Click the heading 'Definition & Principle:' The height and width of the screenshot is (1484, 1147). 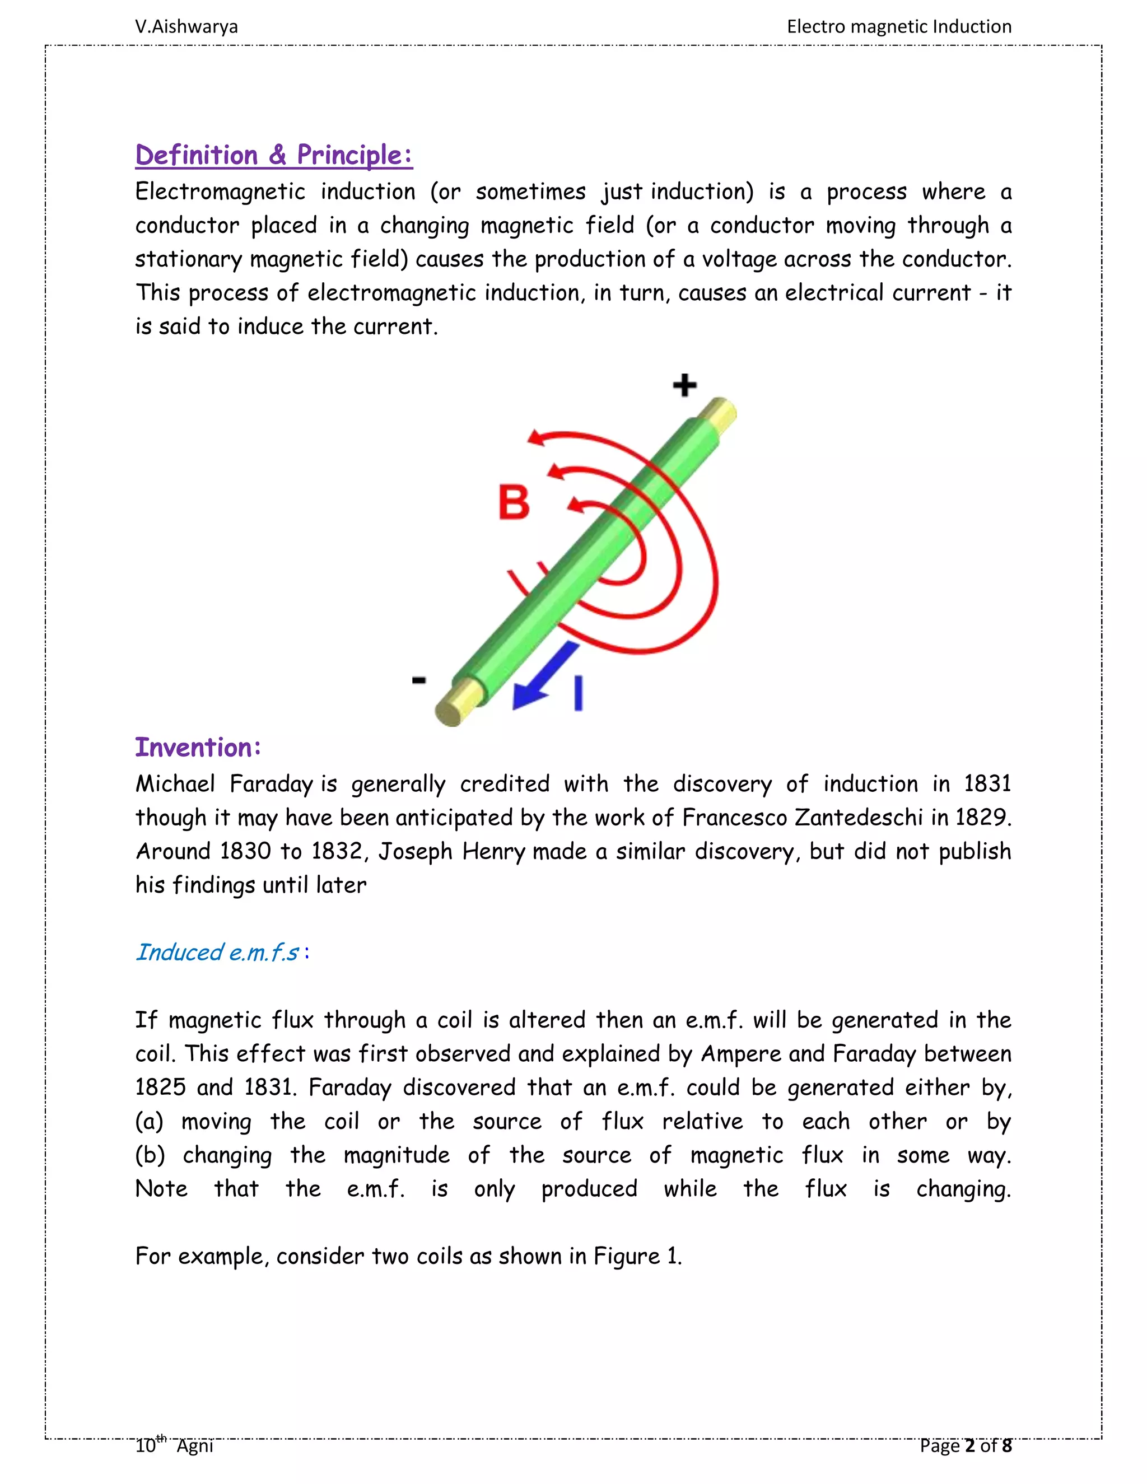[x=273, y=155]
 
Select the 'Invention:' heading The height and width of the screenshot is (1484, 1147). [x=198, y=748]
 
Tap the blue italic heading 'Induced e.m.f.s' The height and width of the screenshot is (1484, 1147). [x=217, y=953]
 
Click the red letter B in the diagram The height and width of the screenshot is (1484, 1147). [x=514, y=503]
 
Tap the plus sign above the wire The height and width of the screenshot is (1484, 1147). [x=684, y=385]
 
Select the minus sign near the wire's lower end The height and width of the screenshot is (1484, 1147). [x=419, y=679]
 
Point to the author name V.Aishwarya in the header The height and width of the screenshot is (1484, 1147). [x=186, y=26]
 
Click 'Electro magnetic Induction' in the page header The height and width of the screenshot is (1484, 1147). [x=898, y=26]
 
